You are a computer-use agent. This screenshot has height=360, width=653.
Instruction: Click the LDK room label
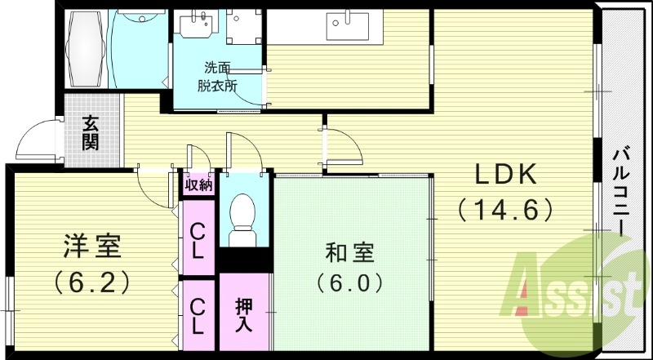point(505,175)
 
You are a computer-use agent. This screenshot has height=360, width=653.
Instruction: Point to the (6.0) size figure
point(350,284)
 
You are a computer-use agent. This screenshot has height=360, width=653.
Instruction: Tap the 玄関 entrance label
point(91,133)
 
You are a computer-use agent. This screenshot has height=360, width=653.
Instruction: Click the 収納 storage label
point(198,184)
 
